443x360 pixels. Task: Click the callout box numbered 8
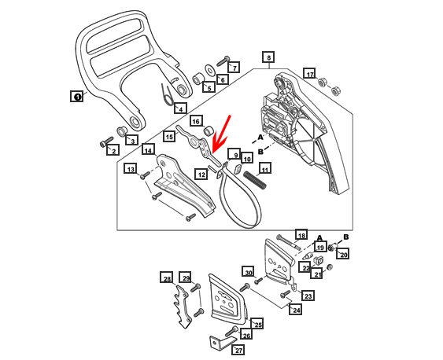pos(268,57)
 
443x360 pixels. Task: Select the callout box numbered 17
pos(309,74)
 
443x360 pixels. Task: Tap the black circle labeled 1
pos(77,97)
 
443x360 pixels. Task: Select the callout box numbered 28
pos(166,278)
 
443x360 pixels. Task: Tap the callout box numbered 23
pos(308,296)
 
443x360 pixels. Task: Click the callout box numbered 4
pos(180,108)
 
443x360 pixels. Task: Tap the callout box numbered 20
pos(343,254)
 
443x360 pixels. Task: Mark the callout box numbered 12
pos(201,174)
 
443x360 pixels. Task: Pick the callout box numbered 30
pos(248,273)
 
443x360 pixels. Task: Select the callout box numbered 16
pos(196,122)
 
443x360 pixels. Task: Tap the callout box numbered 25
pos(257,323)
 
